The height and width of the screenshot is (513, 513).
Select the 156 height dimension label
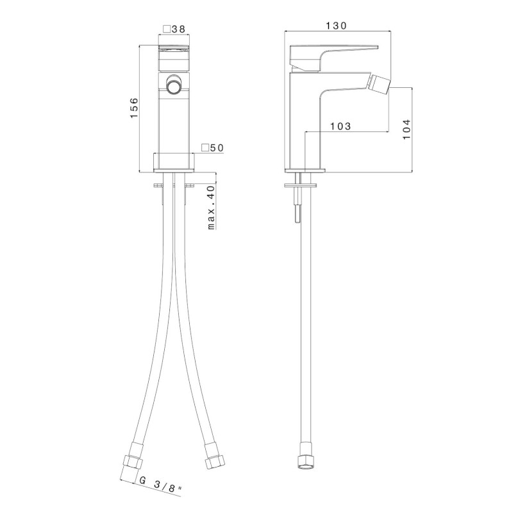pyautogui.click(x=135, y=108)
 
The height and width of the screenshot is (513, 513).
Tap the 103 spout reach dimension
pyautogui.click(x=341, y=126)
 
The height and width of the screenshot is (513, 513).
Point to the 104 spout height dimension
pyautogui.click(x=407, y=129)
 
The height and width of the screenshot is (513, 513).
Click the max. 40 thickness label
pyautogui.click(x=212, y=207)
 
